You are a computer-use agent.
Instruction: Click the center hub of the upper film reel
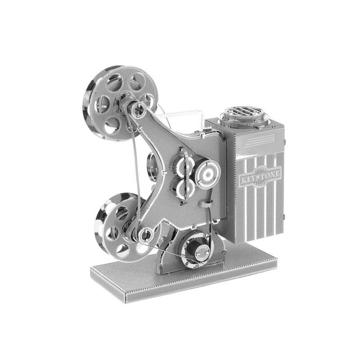coord(139,108)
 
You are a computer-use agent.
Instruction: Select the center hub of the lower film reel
coord(145,234)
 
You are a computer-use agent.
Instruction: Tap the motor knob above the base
coord(200,250)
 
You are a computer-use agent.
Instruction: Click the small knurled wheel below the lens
coord(204,204)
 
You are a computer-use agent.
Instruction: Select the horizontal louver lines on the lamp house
coord(260,140)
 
